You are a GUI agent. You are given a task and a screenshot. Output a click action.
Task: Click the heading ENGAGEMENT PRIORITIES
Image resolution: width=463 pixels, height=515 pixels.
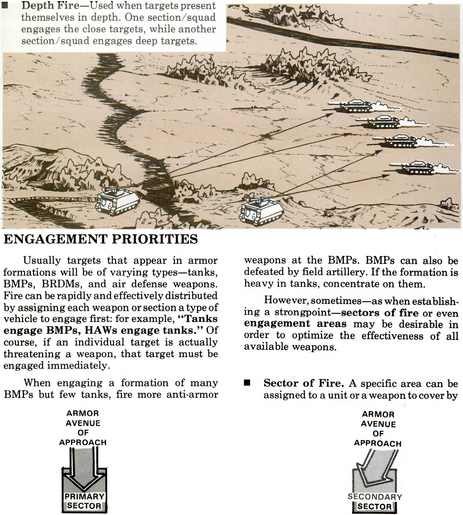101,239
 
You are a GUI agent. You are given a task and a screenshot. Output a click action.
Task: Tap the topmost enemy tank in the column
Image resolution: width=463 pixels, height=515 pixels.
354,106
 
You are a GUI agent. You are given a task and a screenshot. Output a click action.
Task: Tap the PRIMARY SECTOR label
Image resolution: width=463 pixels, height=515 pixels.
84,501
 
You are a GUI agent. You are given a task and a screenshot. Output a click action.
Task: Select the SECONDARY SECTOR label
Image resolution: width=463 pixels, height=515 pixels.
375,501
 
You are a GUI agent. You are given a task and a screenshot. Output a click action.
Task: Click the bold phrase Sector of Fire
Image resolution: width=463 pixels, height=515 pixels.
304,383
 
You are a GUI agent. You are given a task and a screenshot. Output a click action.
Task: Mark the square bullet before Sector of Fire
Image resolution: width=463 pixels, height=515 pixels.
246,383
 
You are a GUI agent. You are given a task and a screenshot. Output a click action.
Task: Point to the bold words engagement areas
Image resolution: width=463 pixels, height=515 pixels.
295,324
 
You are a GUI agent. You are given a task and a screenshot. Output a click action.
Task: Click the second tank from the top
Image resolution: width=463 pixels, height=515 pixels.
383,121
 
